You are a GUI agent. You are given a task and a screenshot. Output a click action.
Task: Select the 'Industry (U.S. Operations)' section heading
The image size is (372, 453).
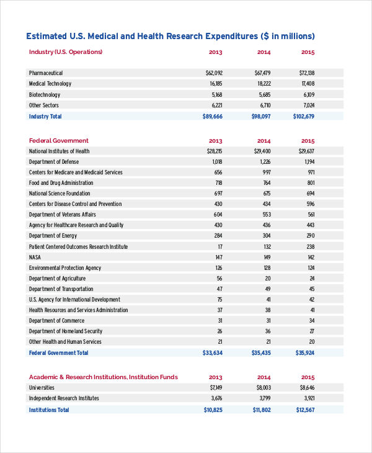(x=66, y=52)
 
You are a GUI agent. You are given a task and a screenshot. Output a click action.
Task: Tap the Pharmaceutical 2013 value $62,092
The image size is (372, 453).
(x=214, y=73)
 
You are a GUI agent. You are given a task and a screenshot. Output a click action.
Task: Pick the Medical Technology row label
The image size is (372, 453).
(x=50, y=84)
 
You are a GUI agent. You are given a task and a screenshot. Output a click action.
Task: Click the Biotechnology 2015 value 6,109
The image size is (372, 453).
(x=308, y=95)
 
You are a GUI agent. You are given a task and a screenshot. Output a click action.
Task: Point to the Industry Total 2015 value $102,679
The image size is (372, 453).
(x=304, y=117)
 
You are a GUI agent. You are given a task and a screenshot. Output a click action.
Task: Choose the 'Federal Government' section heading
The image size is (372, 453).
(x=59, y=141)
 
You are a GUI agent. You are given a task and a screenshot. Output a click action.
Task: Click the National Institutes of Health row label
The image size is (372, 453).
(x=59, y=151)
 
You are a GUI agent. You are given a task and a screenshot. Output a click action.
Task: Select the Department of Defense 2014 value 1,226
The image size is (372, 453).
(x=264, y=162)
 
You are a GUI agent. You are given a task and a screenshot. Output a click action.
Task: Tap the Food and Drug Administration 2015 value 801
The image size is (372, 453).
(x=310, y=183)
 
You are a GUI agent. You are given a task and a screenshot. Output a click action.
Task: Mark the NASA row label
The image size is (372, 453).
(x=35, y=258)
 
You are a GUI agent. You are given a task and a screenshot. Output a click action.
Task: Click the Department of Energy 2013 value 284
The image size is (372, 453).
(x=218, y=236)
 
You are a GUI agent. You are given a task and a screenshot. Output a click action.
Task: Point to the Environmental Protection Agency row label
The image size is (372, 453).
(x=65, y=268)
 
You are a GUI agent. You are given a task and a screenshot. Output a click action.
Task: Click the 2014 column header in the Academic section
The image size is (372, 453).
(x=264, y=377)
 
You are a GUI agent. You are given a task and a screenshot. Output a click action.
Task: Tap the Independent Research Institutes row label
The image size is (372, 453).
(x=64, y=398)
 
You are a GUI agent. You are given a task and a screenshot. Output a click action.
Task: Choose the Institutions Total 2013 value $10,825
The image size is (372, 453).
(x=213, y=410)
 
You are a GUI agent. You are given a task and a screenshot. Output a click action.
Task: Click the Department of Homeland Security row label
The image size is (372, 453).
(x=66, y=331)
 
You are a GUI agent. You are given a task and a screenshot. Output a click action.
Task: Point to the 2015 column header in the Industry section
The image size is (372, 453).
(x=308, y=52)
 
